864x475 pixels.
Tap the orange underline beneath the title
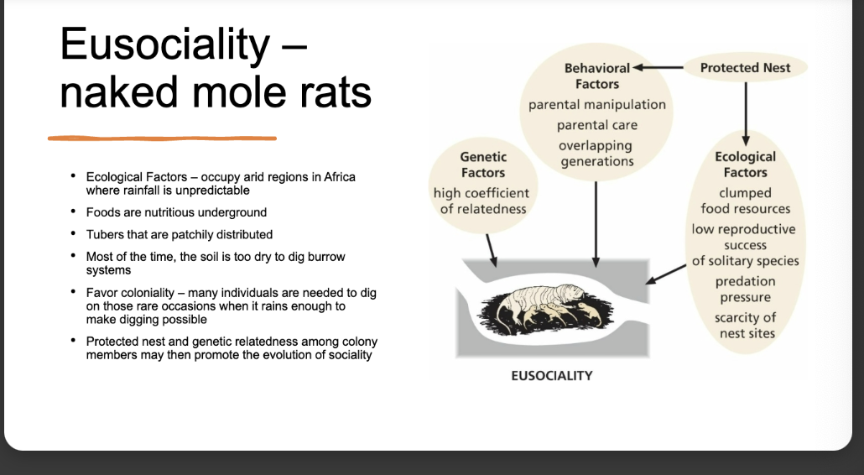pos(162,138)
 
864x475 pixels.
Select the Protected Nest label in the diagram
pos(745,67)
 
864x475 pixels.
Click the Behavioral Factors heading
pos(596,76)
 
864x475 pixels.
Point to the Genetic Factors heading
pos(482,164)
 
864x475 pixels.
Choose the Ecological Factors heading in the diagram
pos(745,164)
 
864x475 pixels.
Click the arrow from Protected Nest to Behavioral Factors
pos(658,67)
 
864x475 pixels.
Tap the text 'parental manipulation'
pos(596,105)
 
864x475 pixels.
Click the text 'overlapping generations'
pos(596,153)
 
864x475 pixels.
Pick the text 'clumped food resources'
pos(745,201)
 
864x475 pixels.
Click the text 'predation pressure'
pos(745,289)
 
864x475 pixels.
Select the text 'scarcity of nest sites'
pos(745,325)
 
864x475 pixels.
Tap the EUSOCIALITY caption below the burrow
pos(551,375)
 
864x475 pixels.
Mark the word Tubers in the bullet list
pos(106,234)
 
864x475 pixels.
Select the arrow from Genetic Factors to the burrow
pos(492,245)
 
